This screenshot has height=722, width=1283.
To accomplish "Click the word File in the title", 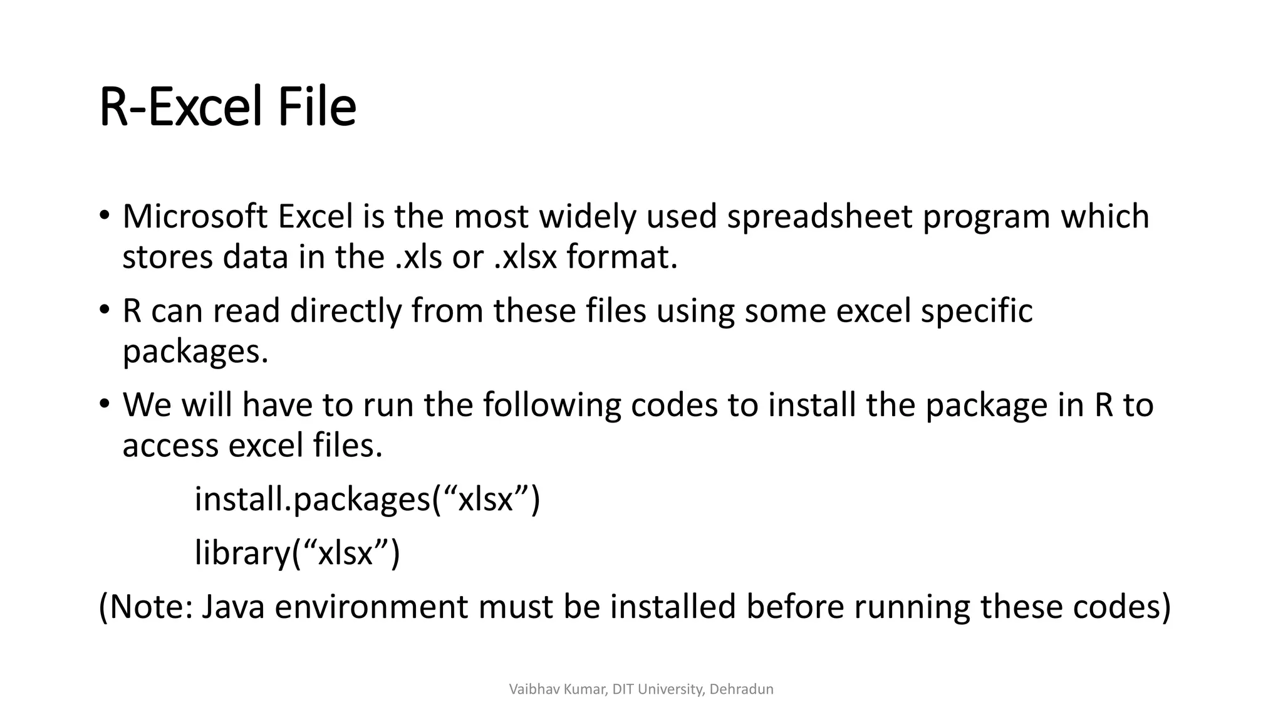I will (316, 108).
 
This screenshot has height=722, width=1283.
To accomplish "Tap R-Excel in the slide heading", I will (182, 108).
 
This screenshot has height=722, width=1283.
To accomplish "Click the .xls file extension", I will (419, 257).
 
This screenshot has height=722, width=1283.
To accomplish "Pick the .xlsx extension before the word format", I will (525, 257).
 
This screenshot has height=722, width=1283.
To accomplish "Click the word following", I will (551, 405).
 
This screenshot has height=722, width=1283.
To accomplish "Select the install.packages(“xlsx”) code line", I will (367, 500).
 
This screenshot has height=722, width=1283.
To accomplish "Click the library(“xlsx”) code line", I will (297, 553).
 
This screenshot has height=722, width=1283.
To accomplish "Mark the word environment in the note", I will (371, 607).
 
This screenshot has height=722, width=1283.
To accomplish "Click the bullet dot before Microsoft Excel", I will (104, 216).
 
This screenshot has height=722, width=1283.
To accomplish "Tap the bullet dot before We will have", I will (104, 405).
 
